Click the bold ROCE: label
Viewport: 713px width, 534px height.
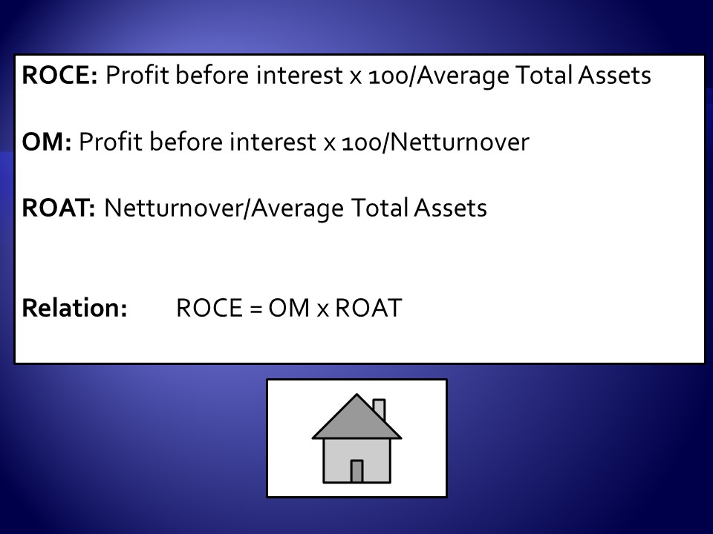(59, 75)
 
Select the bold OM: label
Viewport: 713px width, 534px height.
(46, 142)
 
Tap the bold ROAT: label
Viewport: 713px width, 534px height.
(59, 208)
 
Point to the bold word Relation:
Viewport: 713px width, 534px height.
(74, 308)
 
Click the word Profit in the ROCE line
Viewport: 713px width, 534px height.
(137, 75)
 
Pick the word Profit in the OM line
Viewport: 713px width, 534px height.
(111, 142)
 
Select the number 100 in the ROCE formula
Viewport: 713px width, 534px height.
(388, 76)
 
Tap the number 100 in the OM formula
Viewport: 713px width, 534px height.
(362, 142)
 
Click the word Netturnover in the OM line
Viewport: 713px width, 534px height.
(460, 142)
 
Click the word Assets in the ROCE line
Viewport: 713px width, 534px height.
(614, 75)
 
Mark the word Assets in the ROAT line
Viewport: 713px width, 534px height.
(450, 208)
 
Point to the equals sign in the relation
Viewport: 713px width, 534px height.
(256, 309)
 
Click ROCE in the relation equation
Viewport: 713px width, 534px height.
(209, 308)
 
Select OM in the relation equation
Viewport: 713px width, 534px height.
(289, 308)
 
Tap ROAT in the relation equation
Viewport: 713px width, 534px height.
(368, 308)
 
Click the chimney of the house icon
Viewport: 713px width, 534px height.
(380, 409)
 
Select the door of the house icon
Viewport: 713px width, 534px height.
(356, 472)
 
